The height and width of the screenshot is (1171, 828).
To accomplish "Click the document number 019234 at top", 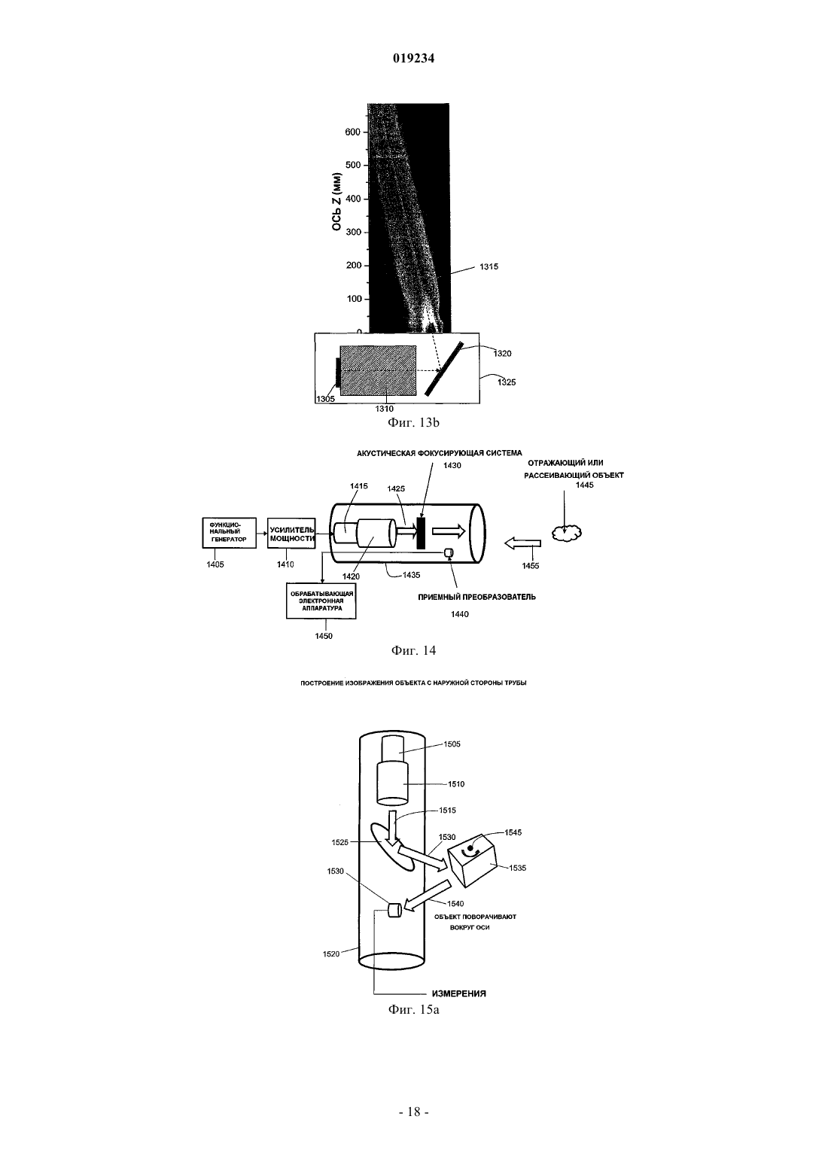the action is [413, 59].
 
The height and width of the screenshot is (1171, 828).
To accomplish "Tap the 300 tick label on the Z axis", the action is [353, 232].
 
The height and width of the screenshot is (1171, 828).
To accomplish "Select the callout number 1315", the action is [489, 266].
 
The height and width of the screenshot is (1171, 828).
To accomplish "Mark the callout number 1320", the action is [502, 354].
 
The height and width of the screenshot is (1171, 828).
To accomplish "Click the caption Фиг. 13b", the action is [413, 422].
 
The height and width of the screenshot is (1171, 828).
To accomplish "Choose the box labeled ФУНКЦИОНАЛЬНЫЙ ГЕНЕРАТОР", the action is [229, 533].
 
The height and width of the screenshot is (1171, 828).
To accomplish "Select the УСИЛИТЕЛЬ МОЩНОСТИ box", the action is [291, 534].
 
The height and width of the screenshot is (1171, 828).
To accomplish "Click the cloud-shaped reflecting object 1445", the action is [567, 532].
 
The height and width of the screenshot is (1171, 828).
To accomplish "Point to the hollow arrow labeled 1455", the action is [522, 543].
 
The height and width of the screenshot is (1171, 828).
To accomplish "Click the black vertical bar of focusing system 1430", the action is [420, 533].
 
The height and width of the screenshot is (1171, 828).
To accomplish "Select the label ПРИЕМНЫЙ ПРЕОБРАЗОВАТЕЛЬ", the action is [476, 597].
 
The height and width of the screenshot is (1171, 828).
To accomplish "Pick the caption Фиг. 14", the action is [413, 650].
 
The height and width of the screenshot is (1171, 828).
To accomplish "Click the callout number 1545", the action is [513, 832].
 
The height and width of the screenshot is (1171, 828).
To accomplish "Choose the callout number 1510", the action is [456, 784].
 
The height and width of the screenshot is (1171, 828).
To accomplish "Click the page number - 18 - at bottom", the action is [413, 1112].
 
